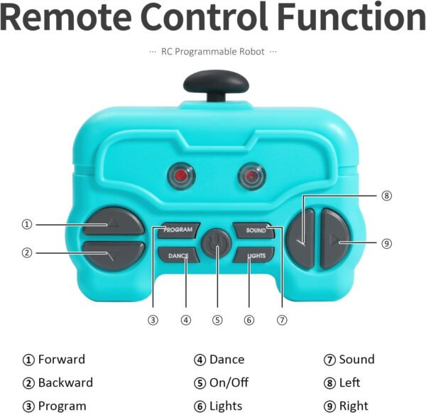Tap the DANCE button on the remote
coord(179,255)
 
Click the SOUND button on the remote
coord(254,230)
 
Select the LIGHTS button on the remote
coord(254,255)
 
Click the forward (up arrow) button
coord(114,222)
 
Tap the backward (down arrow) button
coord(114,256)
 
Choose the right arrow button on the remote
coord(334,239)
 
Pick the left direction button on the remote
coord(300,239)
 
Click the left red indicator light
coord(181,176)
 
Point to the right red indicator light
coord(251,176)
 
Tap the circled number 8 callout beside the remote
coord(386,195)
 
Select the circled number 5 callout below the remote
coord(217,320)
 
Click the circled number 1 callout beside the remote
coord(27,225)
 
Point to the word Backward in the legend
coord(65,382)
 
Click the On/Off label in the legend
coord(229,382)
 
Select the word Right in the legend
coord(354,406)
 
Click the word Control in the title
coord(204,16)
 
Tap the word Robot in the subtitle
coord(251,51)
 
